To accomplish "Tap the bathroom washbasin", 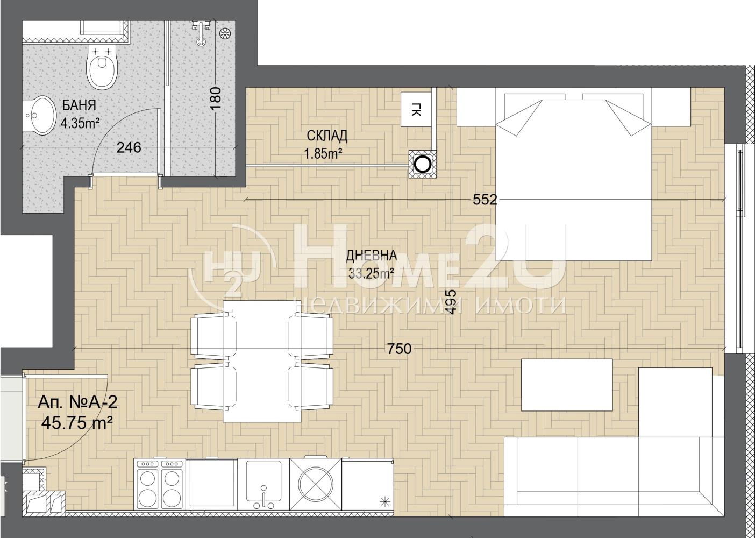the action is [x=40, y=115].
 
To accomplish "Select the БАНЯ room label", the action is [x=79, y=105].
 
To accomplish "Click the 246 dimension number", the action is [x=129, y=147].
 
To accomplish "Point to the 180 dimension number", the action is [x=216, y=98].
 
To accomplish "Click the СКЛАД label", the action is [x=327, y=136].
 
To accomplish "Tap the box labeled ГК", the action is [x=416, y=109].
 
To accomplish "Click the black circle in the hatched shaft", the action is [x=423, y=165].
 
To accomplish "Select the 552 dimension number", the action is [x=485, y=200].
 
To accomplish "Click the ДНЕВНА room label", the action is [x=372, y=256].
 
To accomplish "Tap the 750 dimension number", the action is [x=400, y=349].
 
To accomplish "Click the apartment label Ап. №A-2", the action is [x=78, y=402].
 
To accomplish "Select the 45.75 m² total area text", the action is [x=77, y=422].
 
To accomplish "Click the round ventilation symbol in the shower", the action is [x=225, y=34].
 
